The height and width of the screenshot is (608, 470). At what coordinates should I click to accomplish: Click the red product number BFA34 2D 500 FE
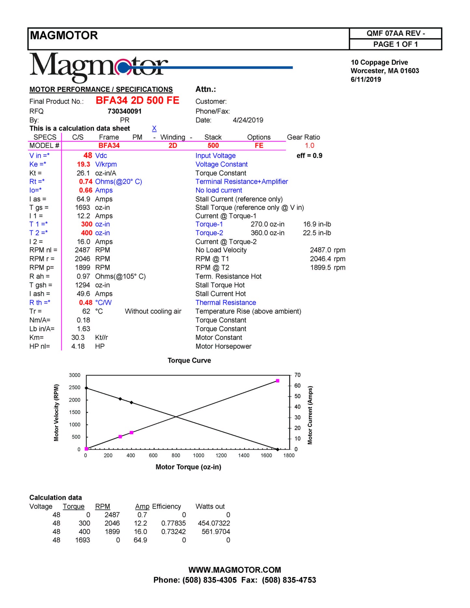pyautogui.click(x=137, y=101)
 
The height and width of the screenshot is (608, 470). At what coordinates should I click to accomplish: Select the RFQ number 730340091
pyautogui.click(x=125, y=111)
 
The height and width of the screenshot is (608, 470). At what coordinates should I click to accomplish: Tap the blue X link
pyautogui.click(x=154, y=128)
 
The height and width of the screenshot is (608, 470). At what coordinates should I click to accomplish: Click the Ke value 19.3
pyautogui.click(x=84, y=164)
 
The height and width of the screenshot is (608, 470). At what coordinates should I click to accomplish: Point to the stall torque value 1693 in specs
pyautogui.click(x=83, y=208)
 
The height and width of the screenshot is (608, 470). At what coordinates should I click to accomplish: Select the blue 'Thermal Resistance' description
pyautogui.click(x=226, y=303)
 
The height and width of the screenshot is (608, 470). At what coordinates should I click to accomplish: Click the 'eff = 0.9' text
pyautogui.click(x=309, y=155)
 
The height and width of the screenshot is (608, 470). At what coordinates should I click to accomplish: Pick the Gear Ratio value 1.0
pyautogui.click(x=309, y=145)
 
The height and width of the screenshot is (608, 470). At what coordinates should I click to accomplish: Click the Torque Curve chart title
pyautogui.click(x=189, y=360)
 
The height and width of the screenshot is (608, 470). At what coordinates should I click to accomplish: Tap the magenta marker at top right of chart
pyautogui.click(x=277, y=381)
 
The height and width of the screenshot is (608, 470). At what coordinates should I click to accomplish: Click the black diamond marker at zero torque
pyautogui.click(x=86, y=388)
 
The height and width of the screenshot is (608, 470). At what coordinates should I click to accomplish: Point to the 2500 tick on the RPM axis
pyautogui.click(x=74, y=387)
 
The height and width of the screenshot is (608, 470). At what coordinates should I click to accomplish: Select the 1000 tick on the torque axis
pyautogui.click(x=198, y=455)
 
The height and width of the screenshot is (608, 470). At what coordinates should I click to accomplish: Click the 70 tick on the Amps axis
pyautogui.click(x=297, y=375)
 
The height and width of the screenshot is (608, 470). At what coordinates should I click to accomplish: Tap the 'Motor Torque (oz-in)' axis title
pyautogui.click(x=188, y=467)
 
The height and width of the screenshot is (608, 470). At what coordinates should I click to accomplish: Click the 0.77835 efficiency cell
pyautogui.click(x=173, y=523)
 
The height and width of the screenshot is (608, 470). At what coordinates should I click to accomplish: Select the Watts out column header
pyautogui.click(x=210, y=507)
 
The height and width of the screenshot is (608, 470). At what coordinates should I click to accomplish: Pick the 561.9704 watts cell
pyautogui.click(x=216, y=532)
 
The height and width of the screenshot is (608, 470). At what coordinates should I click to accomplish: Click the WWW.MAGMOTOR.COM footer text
pyautogui.click(x=235, y=570)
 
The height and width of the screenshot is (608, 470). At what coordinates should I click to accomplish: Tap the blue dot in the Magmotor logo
pyautogui.click(x=123, y=68)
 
